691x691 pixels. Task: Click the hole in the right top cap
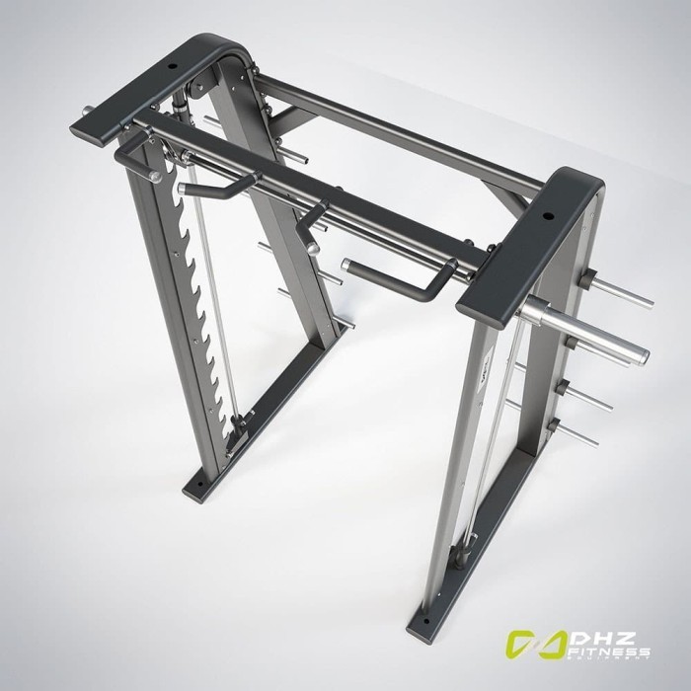coord(545,212)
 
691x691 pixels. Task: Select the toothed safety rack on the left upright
coord(197,296)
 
